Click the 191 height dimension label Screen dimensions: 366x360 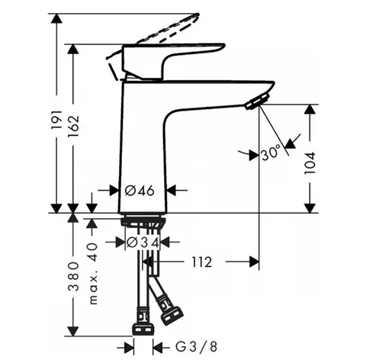tap(56, 120)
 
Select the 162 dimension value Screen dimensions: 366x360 tap(74, 127)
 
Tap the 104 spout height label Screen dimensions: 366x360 tap(310, 163)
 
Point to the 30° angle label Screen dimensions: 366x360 tap(271, 153)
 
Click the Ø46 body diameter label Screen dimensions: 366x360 tap(140, 190)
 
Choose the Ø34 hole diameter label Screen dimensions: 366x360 tap(143, 243)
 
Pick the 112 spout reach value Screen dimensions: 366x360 tap(201, 262)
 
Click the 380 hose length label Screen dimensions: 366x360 tap(74, 276)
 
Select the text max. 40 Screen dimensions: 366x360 tap(93, 274)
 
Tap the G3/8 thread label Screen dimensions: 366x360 tap(197, 346)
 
